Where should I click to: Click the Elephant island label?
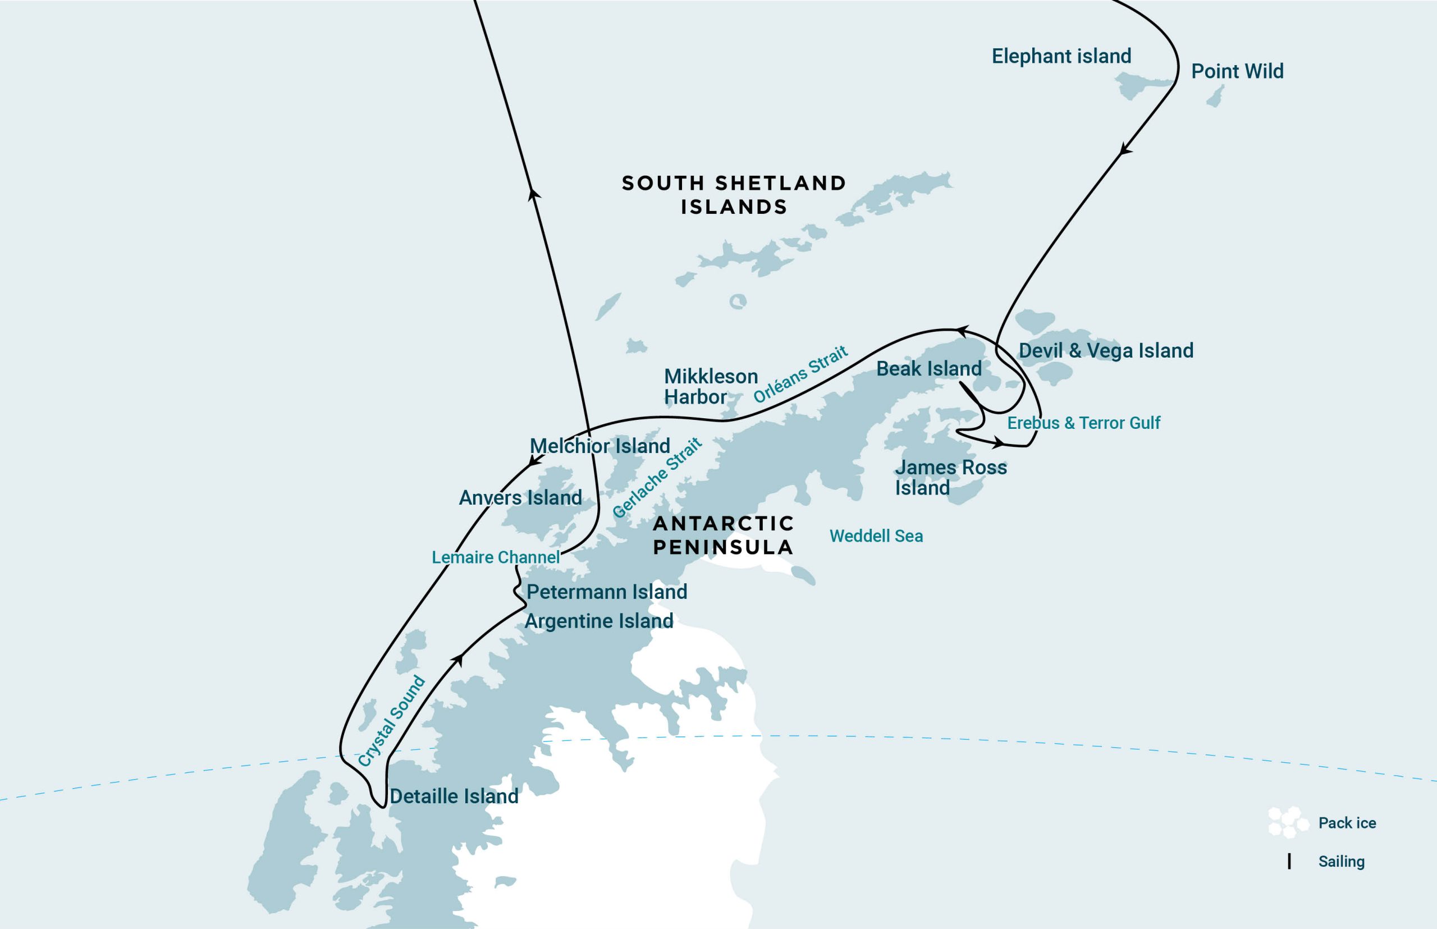pyautogui.click(x=1061, y=56)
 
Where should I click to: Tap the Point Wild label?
pyautogui.click(x=1237, y=71)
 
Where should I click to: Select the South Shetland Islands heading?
pyautogui.click(x=734, y=194)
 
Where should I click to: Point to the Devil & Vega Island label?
pyautogui.click(x=1106, y=350)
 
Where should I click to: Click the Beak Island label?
pyautogui.click(x=928, y=369)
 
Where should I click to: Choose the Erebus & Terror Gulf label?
pyautogui.click(x=1083, y=423)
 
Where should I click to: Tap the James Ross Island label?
pyautogui.click(x=950, y=477)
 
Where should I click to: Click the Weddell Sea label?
pyautogui.click(x=876, y=536)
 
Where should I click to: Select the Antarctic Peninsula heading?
pyautogui.click(x=724, y=535)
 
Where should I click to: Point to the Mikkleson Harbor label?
pyautogui.click(x=710, y=387)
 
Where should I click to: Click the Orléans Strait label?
pyautogui.click(x=800, y=374)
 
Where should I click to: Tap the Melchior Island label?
pyautogui.click(x=599, y=446)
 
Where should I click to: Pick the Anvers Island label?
pyautogui.click(x=520, y=498)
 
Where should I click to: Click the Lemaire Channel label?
pyautogui.click(x=495, y=557)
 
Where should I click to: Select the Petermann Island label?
pyautogui.click(x=606, y=592)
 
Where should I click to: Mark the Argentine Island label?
pyautogui.click(x=598, y=621)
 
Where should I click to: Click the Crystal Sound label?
pyautogui.click(x=391, y=721)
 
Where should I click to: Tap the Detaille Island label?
pyautogui.click(x=454, y=797)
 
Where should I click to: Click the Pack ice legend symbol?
pyautogui.click(x=1287, y=823)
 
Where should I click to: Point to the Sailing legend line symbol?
pyautogui.click(x=1289, y=862)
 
